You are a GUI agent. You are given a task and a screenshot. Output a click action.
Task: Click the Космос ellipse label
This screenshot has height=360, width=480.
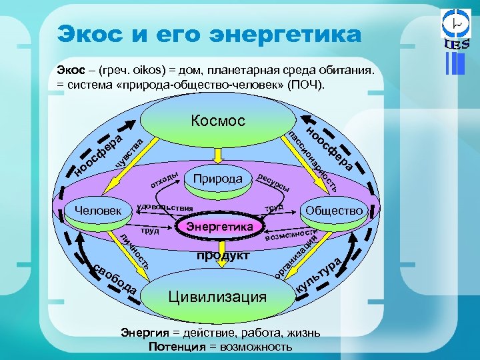click(217, 121)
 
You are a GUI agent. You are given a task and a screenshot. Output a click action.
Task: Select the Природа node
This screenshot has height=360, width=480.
click(217, 179)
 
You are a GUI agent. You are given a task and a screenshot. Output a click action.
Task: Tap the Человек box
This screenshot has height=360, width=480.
click(99, 211)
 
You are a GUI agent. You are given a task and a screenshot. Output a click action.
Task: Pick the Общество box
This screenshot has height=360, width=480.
click(334, 211)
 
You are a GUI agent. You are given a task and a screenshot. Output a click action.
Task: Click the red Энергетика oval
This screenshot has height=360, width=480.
click(219, 227)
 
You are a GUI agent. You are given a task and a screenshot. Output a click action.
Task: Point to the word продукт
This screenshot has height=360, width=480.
click(223, 256)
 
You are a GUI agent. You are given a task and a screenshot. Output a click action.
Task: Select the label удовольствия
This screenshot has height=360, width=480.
click(163, 207)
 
